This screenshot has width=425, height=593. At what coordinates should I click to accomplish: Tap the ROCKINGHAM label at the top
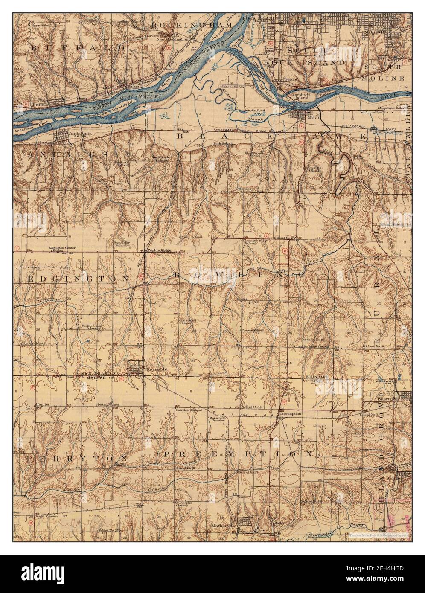pos(192,26)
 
